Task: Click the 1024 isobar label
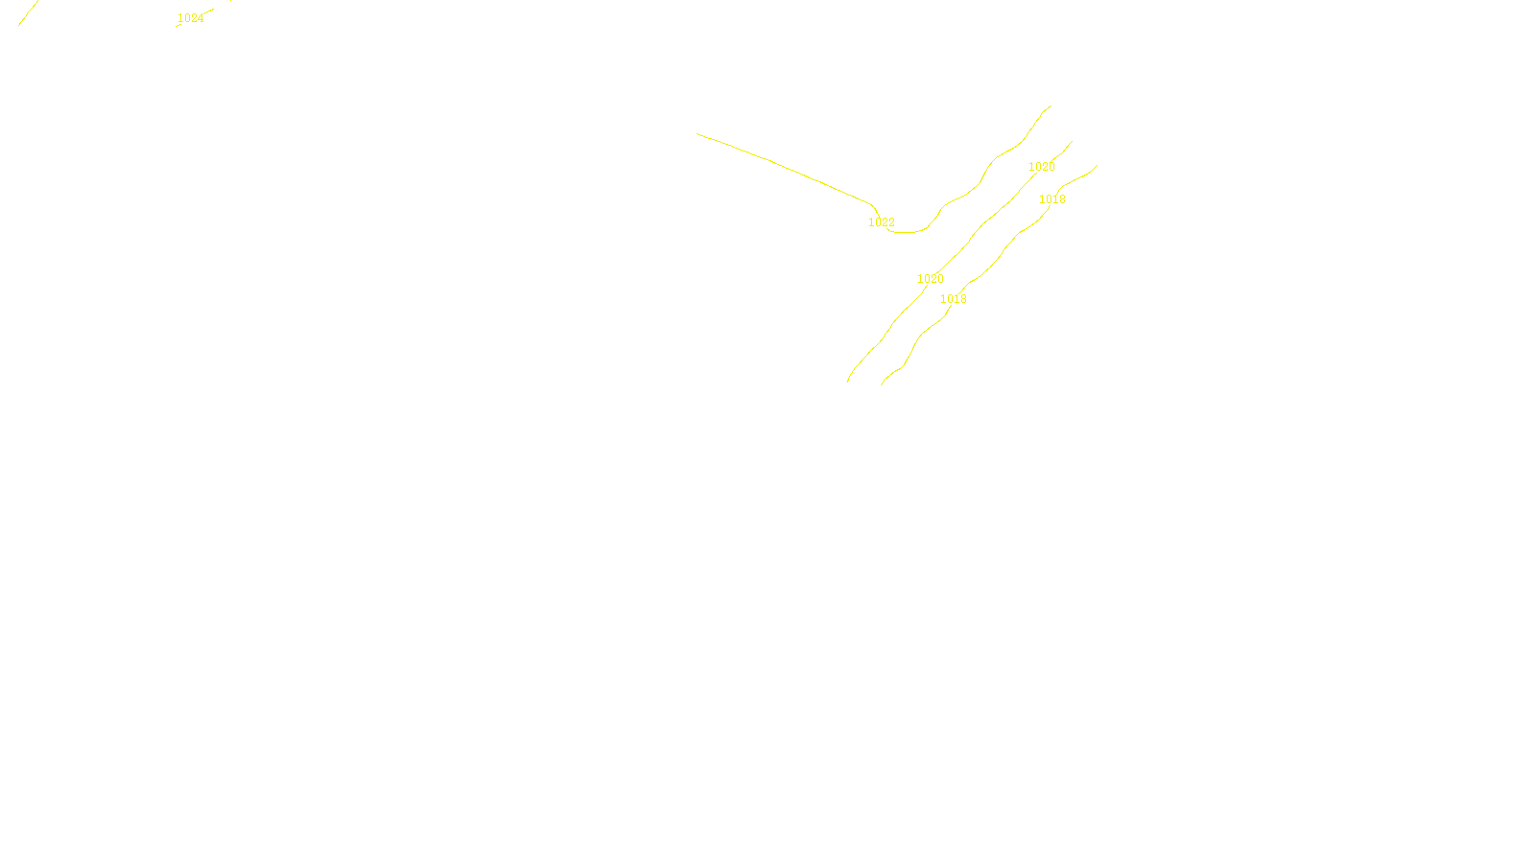(x=190, y=18)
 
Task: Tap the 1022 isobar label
(x=881, y=222)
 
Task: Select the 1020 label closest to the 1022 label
(x=930, y=279)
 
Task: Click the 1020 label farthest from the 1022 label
(x=1041, y=167)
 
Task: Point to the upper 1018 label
(x=1051, y=199)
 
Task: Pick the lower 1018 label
(x=953, y=299)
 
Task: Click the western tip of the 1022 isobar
(x=697, y=134)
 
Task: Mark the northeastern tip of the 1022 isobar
(x=1051, y=106)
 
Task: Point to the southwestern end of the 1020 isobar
(x=848, y=382)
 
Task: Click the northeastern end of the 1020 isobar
(x=1072, y=142)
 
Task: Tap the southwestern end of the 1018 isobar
(x=882, y=385)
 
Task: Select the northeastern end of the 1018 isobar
(x=1097, y=166)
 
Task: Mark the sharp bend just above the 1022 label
(x=872, y=204)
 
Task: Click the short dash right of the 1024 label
(x=208, y=12)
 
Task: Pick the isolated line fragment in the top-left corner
(x=27, y=13)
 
